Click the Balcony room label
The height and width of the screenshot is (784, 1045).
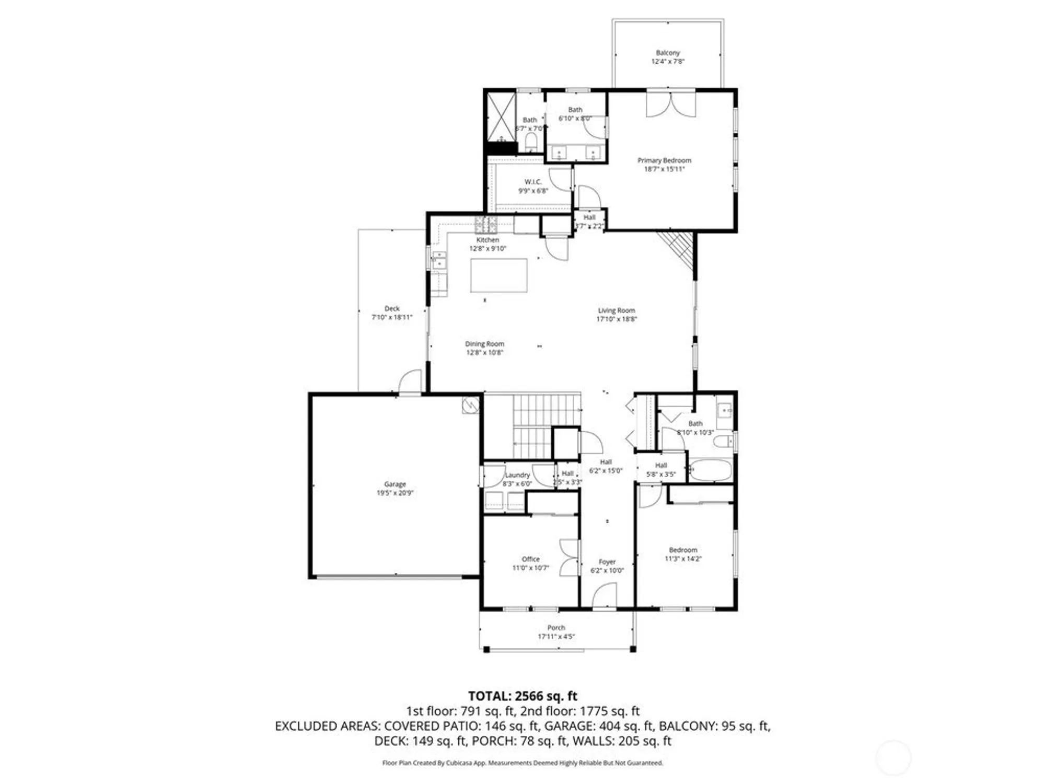click(668, 53)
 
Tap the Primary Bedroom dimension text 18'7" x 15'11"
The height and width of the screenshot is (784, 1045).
click(664, 169)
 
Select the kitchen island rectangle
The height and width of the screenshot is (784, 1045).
click(498, 275)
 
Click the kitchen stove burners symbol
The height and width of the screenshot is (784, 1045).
click(485, 225)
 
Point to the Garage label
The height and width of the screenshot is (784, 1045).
click(394, 484)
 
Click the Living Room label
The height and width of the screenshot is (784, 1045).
click(617, 310)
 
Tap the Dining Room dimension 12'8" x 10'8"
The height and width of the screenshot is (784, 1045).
click(484, 353)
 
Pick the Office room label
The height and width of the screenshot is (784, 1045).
click(530, 559)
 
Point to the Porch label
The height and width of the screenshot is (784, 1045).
click(556, 627)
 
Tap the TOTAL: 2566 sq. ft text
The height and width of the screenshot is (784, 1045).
click(522, 696)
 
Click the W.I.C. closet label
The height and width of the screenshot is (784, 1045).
click(533, 182)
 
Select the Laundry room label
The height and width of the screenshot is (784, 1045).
click(517, 475)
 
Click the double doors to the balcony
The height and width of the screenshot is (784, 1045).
click(671, 103)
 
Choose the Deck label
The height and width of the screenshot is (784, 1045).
click(392, 308)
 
